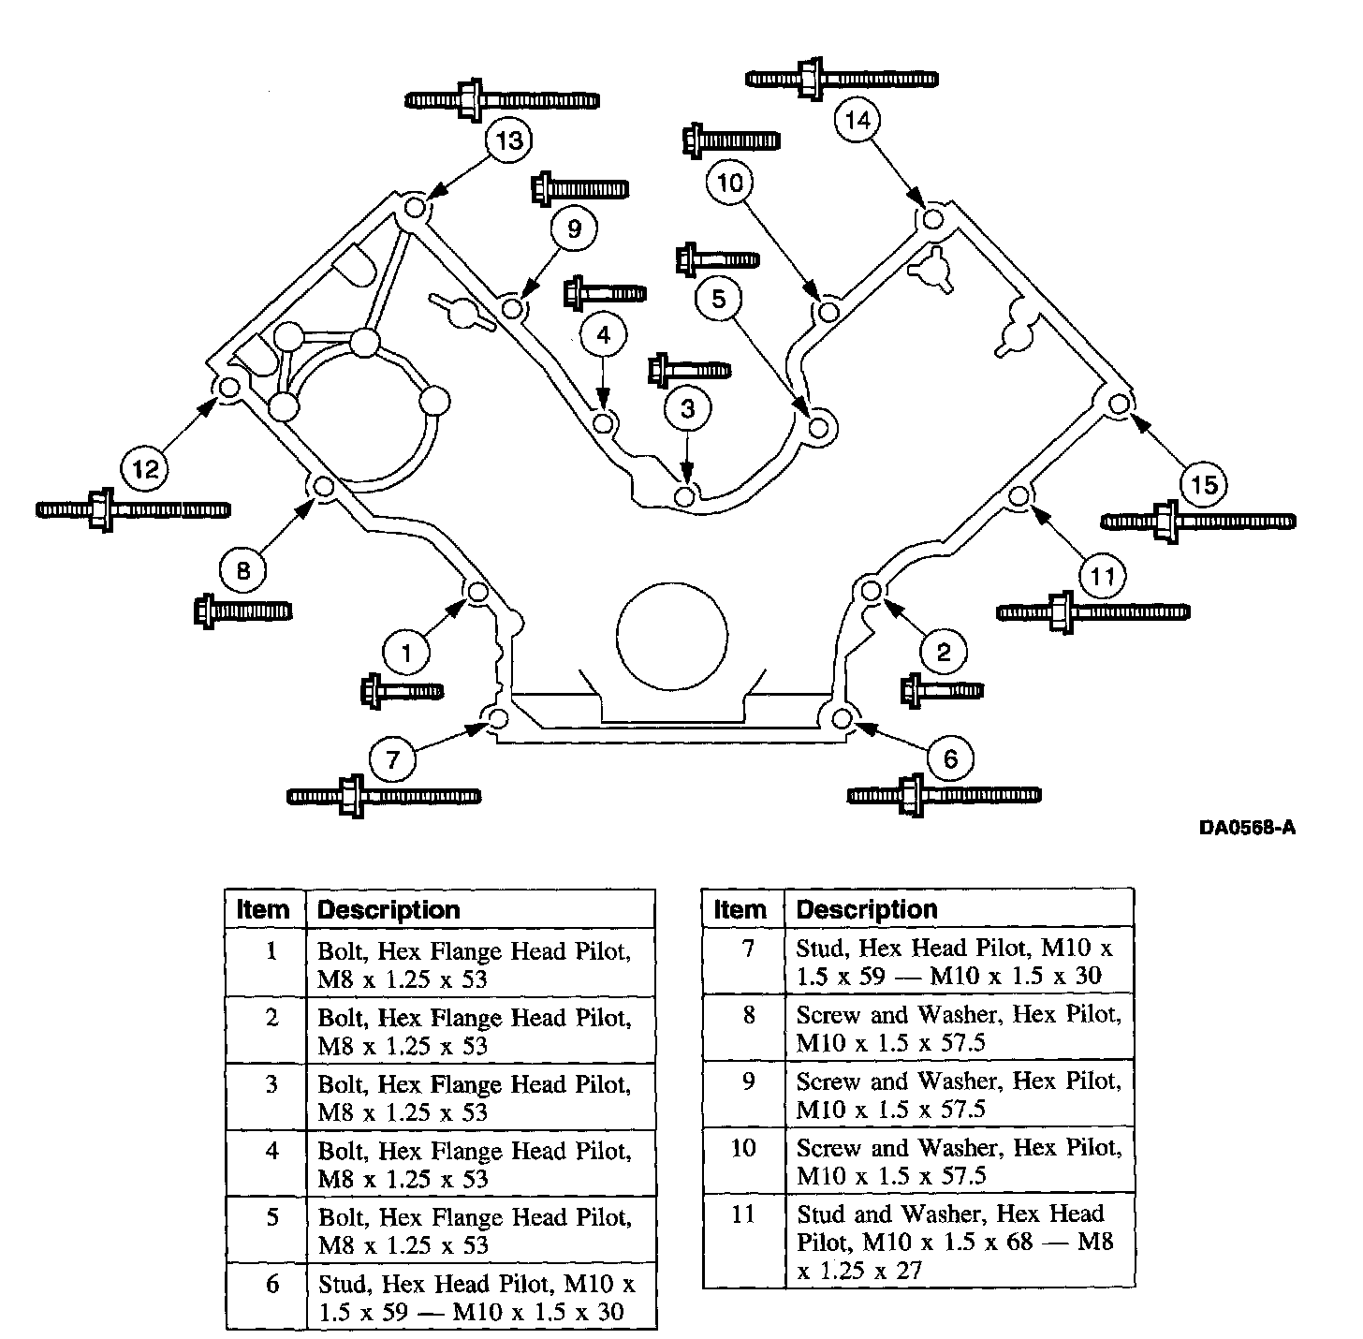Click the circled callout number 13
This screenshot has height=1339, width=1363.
click(509, 141)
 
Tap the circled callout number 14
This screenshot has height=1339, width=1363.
click(857, 120)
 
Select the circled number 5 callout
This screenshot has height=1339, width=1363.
click(719, 299)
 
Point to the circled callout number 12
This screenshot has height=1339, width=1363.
click(146, 468)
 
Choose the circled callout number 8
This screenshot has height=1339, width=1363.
click(243, 569)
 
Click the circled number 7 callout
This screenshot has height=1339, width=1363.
click(393, 758)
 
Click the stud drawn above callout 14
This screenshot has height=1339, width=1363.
click(843, 79)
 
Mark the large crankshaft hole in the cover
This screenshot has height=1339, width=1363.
click(671, 634)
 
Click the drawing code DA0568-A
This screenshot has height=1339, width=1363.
click(1247, 828)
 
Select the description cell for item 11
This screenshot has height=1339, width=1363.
click(959, 1242)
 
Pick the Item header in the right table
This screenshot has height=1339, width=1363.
click(740, 909)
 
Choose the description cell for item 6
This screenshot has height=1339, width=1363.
click(480, 1297)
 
